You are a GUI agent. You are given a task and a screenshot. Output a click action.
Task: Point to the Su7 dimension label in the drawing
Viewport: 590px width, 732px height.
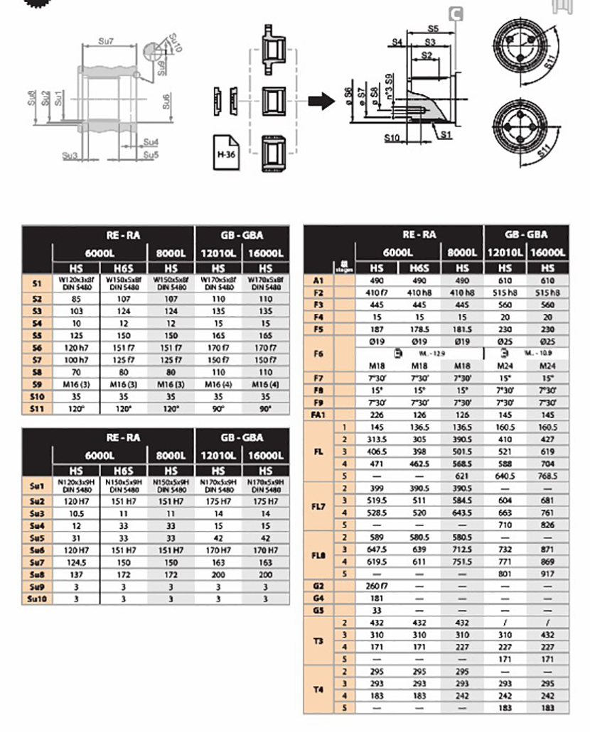click(107, 43)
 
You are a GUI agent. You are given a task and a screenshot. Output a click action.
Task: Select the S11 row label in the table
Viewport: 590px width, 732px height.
click(37, 409)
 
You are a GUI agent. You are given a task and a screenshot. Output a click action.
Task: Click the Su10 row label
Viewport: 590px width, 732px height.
click(37, 599)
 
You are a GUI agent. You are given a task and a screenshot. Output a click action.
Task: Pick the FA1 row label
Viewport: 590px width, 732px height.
click(318, 415)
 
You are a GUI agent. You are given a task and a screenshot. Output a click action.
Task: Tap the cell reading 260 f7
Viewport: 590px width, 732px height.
click(377, 586)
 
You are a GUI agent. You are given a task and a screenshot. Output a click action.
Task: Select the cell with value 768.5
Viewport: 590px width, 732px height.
click(547, 476)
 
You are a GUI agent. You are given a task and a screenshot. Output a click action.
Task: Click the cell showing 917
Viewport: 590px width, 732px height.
click(547, 573)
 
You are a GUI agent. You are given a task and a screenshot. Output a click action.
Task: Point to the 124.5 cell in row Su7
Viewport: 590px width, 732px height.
click(75, 562)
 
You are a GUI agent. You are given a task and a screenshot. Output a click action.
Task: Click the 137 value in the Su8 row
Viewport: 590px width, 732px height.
click(75, 574)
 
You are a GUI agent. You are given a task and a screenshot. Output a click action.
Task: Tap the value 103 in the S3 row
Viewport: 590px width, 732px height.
click(75, 311)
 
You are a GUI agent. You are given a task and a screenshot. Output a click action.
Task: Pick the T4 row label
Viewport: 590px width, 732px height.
click(318, 689)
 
